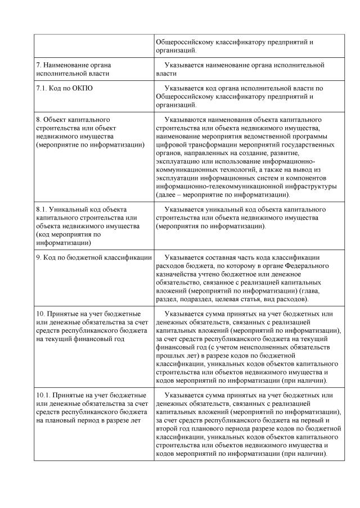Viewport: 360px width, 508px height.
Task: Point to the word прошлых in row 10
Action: [171, 357]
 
